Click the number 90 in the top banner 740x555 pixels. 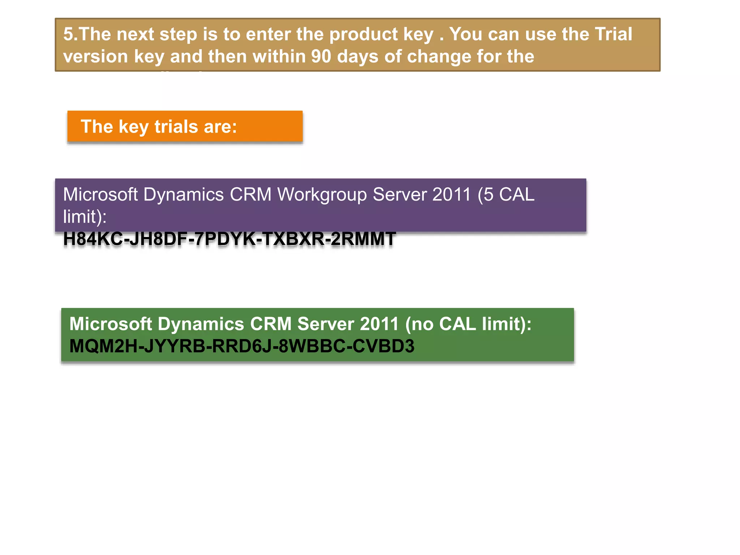click(321, 56)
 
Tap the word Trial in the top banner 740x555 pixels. click(613, 34)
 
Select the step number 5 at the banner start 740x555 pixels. click(69, 34)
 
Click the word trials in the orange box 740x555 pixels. click(176, 126)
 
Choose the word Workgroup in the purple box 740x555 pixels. click(322, 195)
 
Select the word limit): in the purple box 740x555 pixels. click(85, 217)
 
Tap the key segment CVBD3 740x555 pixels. click(383, 346)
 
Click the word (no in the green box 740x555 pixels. click(419, 324)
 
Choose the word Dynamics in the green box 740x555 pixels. click(201, 324)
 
